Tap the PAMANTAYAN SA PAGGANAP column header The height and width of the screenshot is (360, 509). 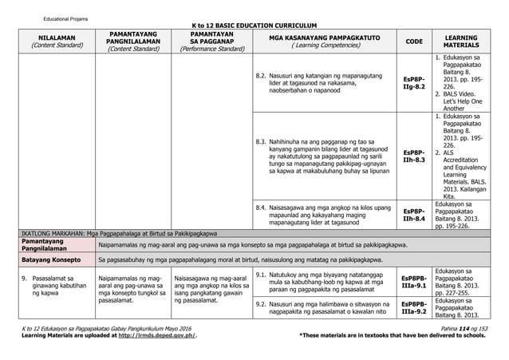(211, 42)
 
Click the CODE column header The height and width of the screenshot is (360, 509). (414, 42)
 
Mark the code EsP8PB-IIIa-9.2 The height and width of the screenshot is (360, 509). (414, 307)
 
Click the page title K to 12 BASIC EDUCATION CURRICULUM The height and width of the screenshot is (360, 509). (255, 25)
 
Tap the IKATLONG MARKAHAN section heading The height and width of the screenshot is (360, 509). (120, 234)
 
